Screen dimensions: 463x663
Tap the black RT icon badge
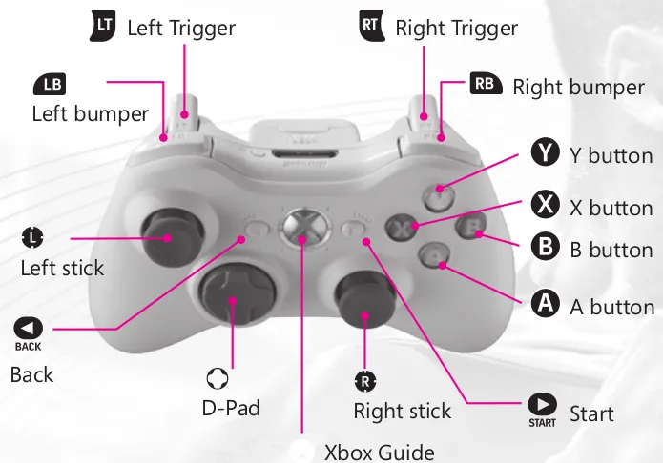370,26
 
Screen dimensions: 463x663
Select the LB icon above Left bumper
51,85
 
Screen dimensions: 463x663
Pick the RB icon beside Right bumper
486,85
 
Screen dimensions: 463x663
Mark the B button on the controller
473,228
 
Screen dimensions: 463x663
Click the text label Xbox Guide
380,451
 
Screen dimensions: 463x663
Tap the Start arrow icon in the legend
542,409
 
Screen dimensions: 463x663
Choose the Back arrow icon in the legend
28,330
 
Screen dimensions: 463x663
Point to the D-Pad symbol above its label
218,380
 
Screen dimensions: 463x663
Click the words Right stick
403,412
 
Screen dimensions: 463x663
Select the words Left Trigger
181,29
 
